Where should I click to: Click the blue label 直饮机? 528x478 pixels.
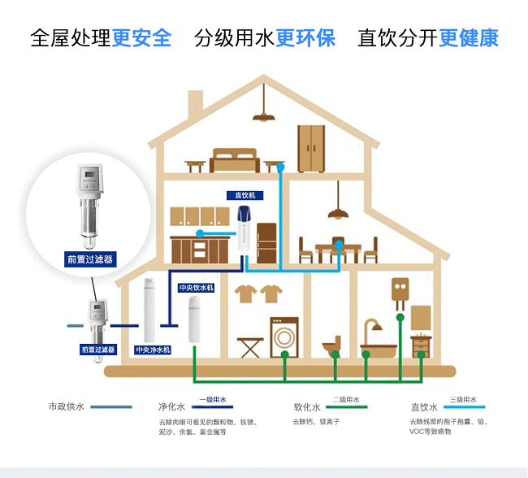point(245,196)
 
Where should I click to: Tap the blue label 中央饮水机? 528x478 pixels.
point(197,288)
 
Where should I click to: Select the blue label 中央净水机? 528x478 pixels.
point(153,350)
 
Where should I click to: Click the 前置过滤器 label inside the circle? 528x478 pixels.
point(89,259)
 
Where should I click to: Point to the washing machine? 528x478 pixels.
point(284,336)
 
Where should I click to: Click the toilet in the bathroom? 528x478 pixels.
point(331,345)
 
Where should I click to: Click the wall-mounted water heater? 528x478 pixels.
point(399,293)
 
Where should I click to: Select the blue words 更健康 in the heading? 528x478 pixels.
point(469,38)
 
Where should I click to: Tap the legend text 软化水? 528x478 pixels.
point(306,407)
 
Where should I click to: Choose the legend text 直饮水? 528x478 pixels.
point(425,407)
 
